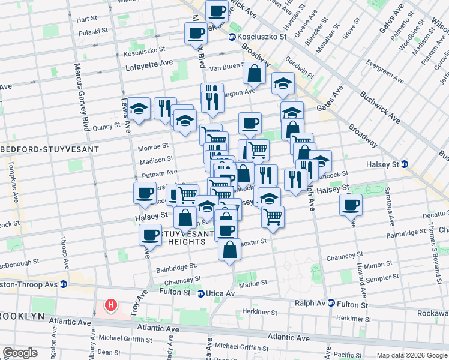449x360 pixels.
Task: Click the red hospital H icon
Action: [110, 305]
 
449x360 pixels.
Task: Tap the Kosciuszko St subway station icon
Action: [232, 37]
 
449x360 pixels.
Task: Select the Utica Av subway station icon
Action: [202, 293]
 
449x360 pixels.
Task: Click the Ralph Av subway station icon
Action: [331, 304]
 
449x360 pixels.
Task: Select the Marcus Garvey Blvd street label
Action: [79, 96]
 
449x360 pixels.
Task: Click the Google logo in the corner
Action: [20, 353]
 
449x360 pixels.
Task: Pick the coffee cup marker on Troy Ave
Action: [150, 234]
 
